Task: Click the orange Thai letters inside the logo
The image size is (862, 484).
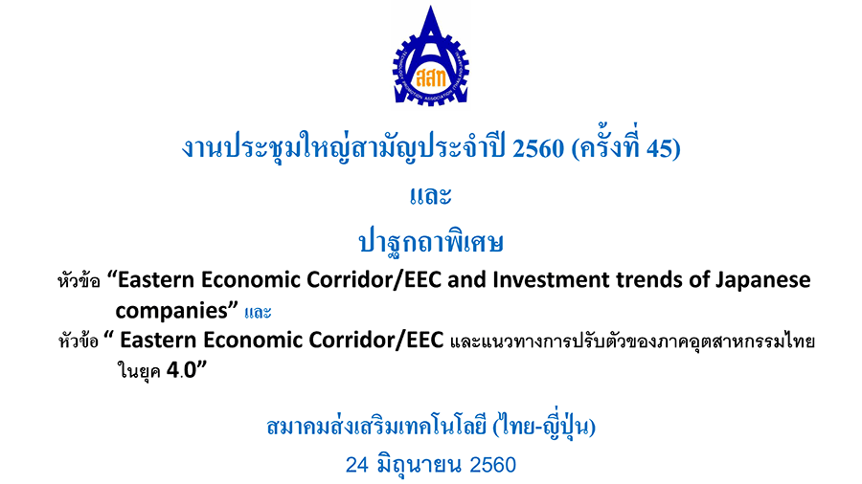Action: click(431, 77)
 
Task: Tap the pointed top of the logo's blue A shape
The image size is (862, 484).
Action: click(431, 7)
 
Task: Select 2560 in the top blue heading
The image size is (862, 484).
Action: click(538, 148)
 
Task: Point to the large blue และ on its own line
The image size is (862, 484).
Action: click(431, 196)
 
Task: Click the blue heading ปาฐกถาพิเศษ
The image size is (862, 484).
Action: click(431, 241)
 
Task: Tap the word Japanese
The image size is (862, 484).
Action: click(763, 281)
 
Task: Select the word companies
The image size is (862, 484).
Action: click(171, 311)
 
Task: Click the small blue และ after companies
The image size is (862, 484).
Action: click(258, 312)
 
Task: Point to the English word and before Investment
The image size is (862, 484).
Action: click(466, 280)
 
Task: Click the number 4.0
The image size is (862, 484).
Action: click(181, 370)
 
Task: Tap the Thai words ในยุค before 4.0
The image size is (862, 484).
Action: click(139, 371)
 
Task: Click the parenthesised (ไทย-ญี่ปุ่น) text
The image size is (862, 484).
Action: click(544, 426)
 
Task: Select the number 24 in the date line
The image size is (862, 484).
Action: click(357, 465)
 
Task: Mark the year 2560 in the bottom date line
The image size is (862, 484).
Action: click(493, 465)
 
